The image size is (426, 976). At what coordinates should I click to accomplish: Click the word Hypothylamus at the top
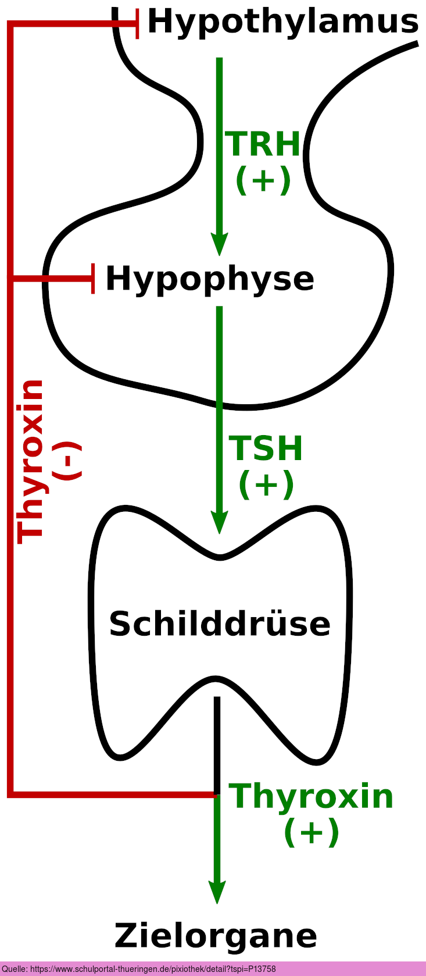pos(282,22)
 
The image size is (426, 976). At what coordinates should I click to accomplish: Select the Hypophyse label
pos(210,279)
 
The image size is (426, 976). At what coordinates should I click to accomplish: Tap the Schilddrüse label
pos(220,624)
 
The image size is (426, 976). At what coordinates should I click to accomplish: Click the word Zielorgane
pos(216,936)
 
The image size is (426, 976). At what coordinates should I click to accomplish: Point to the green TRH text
pos(263,144)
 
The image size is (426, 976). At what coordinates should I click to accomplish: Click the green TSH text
pos(266,448)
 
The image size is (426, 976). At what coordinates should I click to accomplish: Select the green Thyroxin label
pos(311,796)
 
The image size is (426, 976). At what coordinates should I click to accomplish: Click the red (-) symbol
pos(67,461)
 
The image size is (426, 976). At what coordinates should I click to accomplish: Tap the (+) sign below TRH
pos(263,180)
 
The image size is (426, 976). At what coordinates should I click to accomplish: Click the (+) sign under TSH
pos(266,484)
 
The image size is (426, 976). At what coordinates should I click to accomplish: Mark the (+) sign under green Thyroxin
pos(311,832)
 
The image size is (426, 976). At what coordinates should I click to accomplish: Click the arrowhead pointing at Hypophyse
pos(219,244)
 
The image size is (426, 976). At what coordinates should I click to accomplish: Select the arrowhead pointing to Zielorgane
pos(217,892)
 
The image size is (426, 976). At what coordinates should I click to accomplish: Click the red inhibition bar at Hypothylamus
pos(137,24)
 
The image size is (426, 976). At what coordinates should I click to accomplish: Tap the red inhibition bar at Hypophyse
pos(93,278)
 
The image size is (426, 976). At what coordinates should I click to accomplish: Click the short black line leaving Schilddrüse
pos(217,745)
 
